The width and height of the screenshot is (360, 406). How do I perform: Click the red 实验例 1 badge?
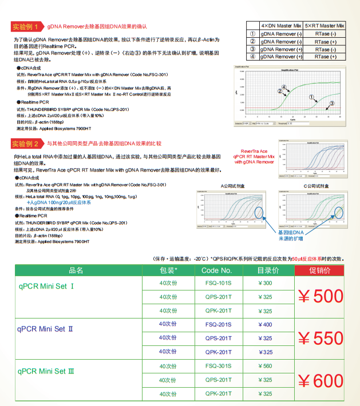click(26, 26)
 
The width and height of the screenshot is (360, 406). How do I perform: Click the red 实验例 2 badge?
click(26, 144)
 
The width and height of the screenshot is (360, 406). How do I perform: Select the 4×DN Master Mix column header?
click(281, 26)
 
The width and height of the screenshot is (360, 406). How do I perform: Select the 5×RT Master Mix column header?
click(325, 26)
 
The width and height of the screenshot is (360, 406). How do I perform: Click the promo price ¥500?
click(321, 296)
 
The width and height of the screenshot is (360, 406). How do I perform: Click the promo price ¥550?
click(321, 339)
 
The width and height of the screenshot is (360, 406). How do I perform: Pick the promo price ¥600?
click(321, 380)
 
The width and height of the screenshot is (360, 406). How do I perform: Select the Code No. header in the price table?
click(217, 270)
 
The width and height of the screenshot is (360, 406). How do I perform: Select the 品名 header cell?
click(76, 270)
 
